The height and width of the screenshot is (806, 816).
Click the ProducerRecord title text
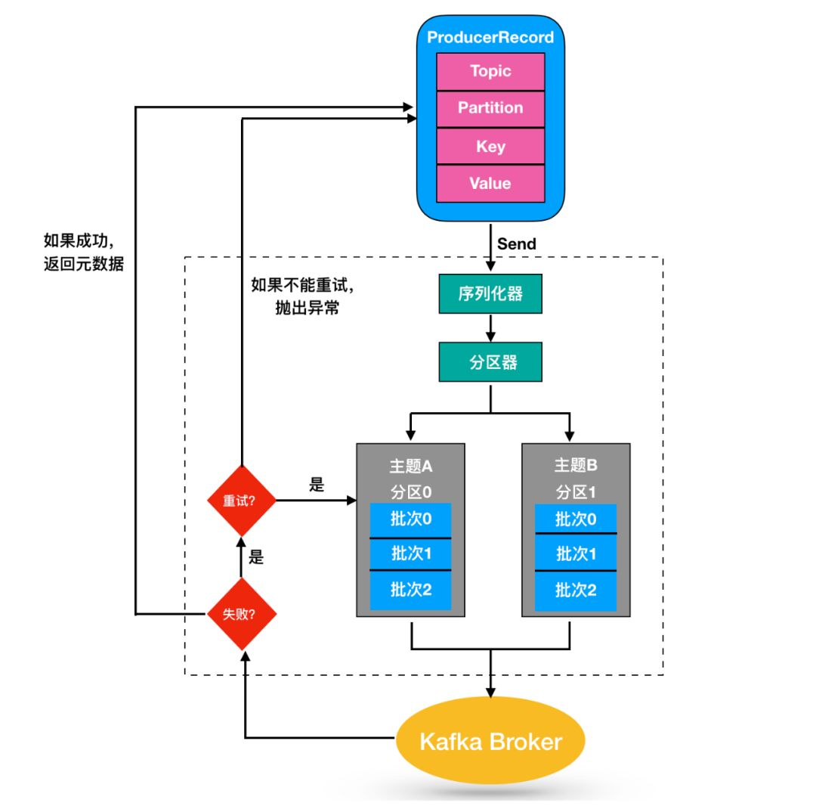click(x=490, y=38)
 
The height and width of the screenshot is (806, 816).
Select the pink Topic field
click(x=490, y=72)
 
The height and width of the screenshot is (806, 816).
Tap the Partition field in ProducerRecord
click(x=490, y=108)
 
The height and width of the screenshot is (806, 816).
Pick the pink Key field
click(x=490, y=147)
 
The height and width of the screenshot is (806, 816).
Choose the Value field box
click(x=490, y=184)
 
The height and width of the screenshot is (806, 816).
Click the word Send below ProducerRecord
click(x=517, y=243)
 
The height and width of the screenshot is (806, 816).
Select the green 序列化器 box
click(x=490, y=294)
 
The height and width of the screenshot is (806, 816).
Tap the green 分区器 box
click(x=490, y=362)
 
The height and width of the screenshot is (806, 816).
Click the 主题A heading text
click(x=411, y=466)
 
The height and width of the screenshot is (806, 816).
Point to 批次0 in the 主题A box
click(x=410, y=519)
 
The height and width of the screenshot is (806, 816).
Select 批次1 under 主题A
click(x=410, y=554)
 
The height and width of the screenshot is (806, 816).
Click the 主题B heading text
click(x=576, y=466)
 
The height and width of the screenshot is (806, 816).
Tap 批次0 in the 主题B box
click(x=576, y=519)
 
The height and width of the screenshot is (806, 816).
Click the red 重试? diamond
click(x=241, y=501)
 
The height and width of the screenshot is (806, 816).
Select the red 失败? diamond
click(x=241, y=614)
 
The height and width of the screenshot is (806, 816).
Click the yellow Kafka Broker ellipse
click(x=490, y=742)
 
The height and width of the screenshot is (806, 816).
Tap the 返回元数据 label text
click(x=84, y=265)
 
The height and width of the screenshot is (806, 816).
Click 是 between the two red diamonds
click(x=257, y=559)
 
